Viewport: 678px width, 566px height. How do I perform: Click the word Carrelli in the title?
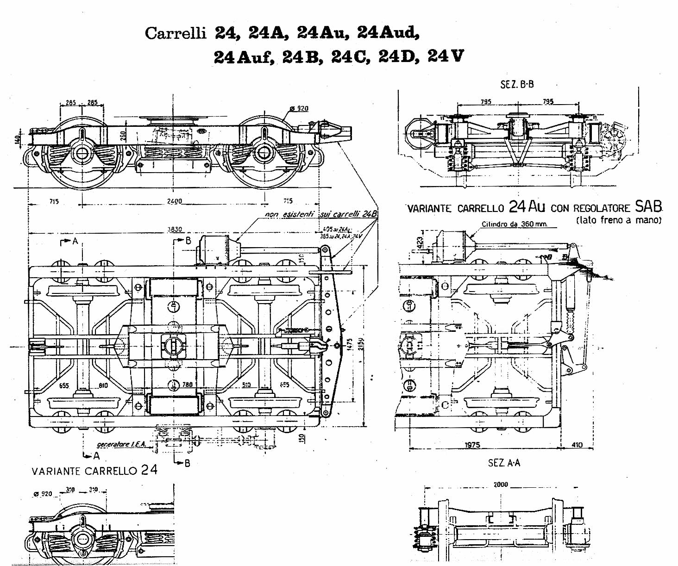pos(175,33)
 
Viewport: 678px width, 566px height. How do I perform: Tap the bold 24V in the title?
pos(445,56)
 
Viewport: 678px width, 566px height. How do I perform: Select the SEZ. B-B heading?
pos(517,84)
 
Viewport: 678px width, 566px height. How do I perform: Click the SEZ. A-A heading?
pos(504,463)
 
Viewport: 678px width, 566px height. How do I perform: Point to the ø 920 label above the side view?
pos(299,108)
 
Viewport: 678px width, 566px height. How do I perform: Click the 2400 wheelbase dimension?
pos(175,201)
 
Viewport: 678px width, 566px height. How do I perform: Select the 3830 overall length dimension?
pos(175,229)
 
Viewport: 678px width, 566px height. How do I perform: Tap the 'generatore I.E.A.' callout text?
pos(121,444)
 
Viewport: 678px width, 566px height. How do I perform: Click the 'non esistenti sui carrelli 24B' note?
pos(321,214)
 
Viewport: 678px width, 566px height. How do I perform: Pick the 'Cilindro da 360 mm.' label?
pos(514,224)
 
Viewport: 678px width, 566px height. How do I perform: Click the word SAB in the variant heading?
pos(648,206)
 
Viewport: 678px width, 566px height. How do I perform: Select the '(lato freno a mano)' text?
pos(619,220)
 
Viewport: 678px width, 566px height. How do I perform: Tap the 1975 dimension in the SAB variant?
pos(472,445)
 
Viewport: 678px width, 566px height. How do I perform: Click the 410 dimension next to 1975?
pos(577,445)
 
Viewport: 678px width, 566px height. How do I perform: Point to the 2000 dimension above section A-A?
pos(501,485)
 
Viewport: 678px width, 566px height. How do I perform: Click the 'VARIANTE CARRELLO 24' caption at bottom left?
pos(94,471)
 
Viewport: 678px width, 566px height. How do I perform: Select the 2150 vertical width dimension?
pos(361,344)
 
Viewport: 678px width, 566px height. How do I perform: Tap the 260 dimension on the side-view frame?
pos(123,135)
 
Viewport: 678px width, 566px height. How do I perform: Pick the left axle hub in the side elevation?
pos(82,153)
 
